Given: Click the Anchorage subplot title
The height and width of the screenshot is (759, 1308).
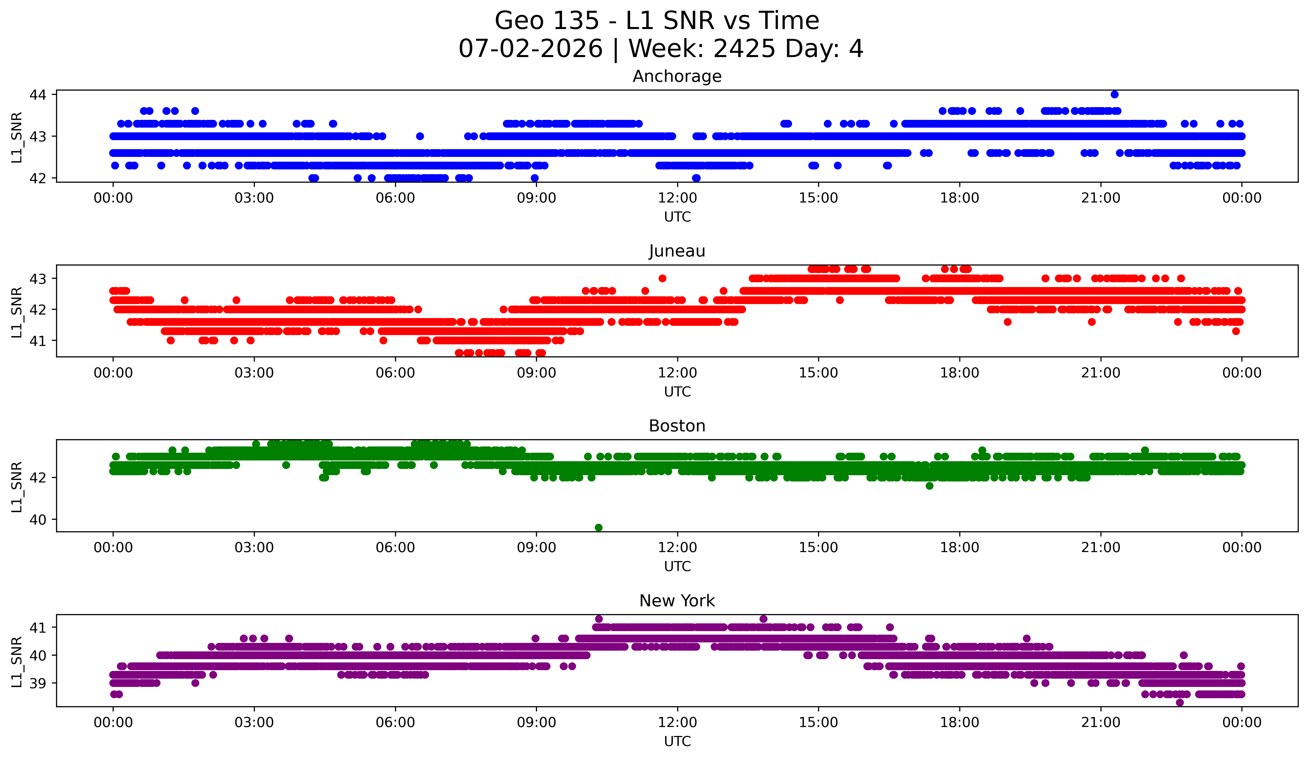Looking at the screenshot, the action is pos(677,76).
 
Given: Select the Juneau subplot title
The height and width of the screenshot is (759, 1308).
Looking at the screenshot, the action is pos(677,251).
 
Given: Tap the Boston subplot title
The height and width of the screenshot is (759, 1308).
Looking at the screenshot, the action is pos(677,426).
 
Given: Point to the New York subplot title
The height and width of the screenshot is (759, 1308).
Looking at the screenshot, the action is pos(677,601).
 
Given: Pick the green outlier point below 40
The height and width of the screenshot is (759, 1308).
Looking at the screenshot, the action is pos(599,528).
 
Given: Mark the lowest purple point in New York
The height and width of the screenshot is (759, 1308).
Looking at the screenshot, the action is pos(1180,702).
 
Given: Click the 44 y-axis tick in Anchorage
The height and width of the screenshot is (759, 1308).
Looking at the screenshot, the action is pos(38,94).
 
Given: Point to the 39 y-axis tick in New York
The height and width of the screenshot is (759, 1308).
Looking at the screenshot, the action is pos(38,683).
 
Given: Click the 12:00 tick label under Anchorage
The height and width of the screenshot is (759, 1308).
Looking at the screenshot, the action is pos(677,198).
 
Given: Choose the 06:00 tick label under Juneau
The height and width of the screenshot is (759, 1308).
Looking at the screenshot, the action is pos(396,373).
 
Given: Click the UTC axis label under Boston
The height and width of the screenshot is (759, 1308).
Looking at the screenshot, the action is pos(677,567).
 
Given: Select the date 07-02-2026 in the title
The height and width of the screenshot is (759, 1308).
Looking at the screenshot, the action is pos(530,49).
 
